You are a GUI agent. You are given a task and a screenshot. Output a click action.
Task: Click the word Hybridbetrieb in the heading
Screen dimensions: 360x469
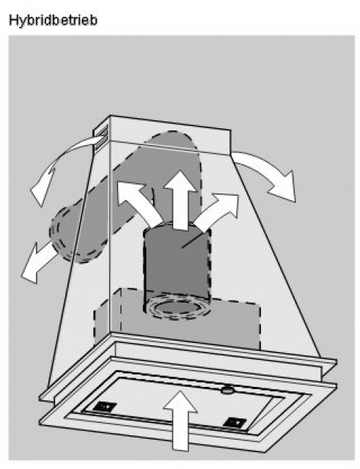[53, 21]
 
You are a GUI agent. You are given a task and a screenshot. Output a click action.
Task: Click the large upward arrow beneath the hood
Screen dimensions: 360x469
[180, 420]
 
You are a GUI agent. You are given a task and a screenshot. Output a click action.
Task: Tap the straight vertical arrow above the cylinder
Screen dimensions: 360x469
[180, 200]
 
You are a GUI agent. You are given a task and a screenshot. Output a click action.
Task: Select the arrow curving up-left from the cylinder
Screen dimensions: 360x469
[138, 201]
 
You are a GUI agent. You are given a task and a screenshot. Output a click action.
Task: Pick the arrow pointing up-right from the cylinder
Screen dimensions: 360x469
[216, 210]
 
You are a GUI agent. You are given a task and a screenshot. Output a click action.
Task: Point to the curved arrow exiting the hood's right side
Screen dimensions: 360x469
[266, 171]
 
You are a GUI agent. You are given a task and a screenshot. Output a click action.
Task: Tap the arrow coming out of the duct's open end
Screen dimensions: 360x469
[37, 264]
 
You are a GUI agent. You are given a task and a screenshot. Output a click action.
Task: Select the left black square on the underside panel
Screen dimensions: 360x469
[104, 406]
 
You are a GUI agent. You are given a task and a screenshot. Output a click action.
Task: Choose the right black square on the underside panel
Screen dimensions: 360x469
[236, 422]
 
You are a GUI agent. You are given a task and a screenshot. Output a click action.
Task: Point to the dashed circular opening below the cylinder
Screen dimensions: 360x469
[177, 308]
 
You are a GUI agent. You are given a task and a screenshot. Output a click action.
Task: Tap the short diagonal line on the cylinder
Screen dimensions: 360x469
[192, 241]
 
